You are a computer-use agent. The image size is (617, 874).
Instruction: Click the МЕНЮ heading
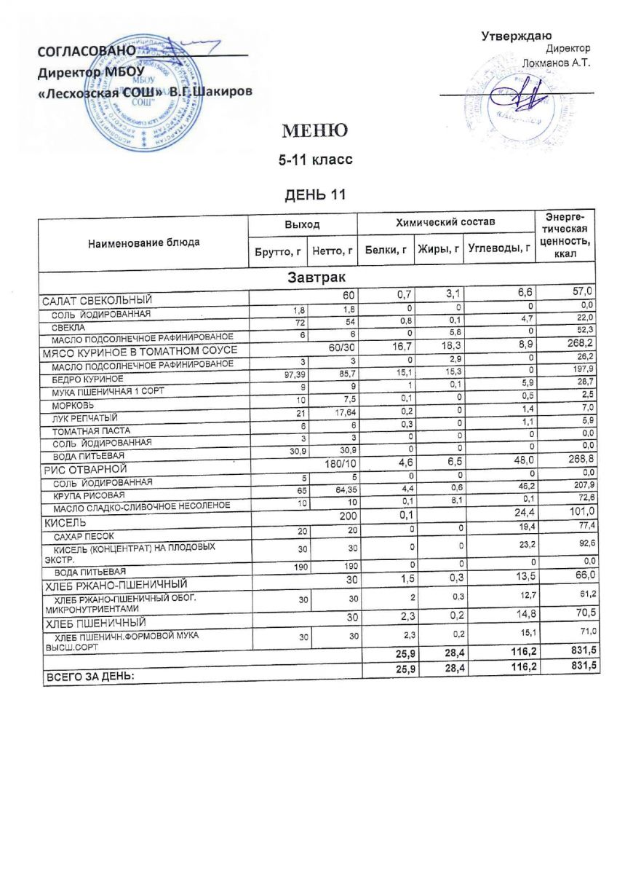tap(310, 131)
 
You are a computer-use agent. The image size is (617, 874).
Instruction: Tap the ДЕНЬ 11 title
tap(311, 194)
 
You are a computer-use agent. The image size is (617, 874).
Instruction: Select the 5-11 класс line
tap(311, 160)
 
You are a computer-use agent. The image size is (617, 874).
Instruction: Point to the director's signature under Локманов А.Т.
tap(523, 95)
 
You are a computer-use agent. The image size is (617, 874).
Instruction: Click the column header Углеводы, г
tap(499, 249)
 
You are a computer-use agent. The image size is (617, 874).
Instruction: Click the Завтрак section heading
tap(316, 277)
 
